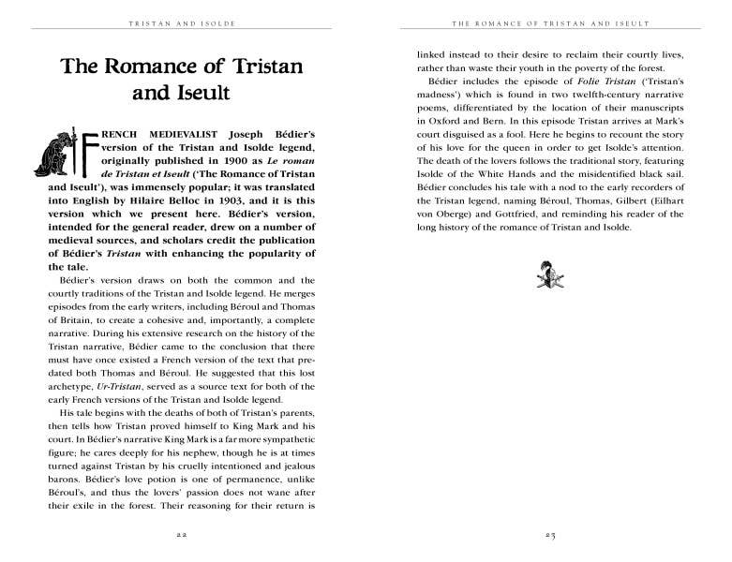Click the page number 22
click(x=183, y=535)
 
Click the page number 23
click(x=550, y=535)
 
